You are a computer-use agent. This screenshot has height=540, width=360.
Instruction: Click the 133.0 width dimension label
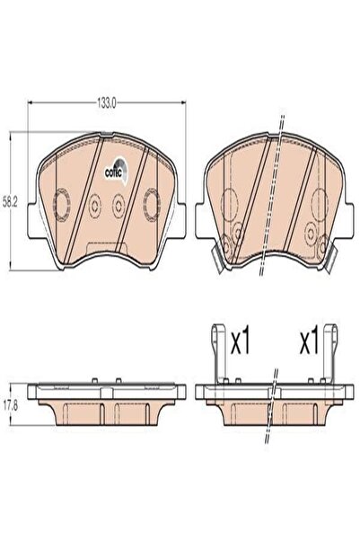pyautogui.click(x=106, y=102)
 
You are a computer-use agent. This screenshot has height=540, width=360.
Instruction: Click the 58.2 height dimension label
pyautogui.click(x=10, y=203)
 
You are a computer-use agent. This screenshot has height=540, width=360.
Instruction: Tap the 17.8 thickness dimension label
pyautogui.click(x=11, y=405)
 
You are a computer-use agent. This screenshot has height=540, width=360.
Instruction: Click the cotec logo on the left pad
pyautogui.click(x=116, y=171)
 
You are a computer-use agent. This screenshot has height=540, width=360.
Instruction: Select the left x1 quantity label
pyautogui.click(x=241, y=343)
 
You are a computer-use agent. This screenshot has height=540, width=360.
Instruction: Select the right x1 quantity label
pyautogui.click(x=310, y=343)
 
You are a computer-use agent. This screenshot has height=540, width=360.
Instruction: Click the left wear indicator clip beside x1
pyautogui.click(x=218, y=353)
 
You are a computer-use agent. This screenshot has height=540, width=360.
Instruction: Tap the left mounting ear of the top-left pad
pyautogui.click(x=31, y=220)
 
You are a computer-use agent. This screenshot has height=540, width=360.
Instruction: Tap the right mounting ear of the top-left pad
pyautogui.click(x=181, y=220)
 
